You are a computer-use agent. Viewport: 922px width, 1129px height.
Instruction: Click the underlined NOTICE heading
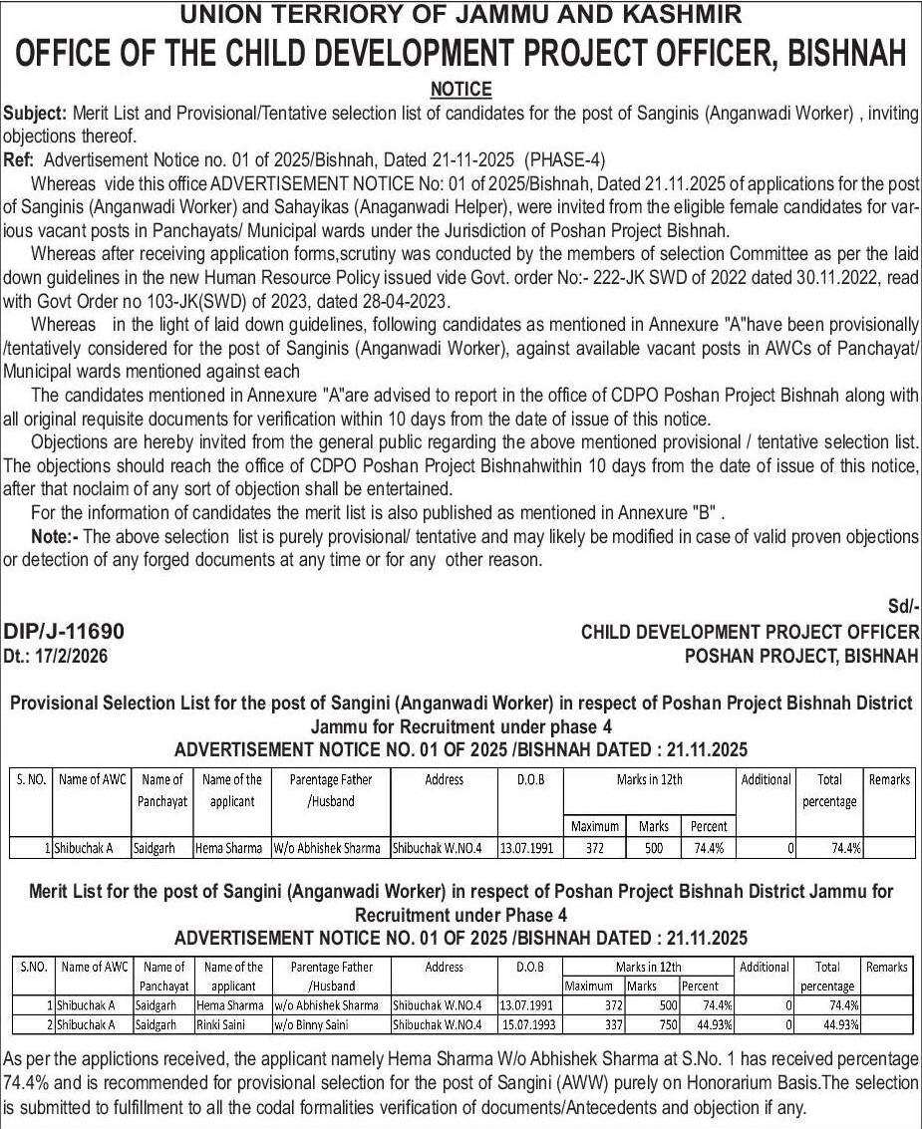coord(461,90)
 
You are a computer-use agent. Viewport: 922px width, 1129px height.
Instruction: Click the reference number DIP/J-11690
coord(65,632)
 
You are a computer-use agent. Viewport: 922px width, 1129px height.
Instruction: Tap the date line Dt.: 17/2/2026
coord(56,655)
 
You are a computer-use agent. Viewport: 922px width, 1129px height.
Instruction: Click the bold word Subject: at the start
coord(35,114)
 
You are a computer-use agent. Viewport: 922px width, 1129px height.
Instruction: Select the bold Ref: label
coord(19,159)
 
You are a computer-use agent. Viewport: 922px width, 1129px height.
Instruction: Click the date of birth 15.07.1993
coord(528,1023)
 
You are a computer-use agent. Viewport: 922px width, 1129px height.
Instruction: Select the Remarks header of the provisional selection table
coord(889,779)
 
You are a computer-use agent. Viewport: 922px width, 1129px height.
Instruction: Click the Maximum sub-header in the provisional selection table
coord(594,826)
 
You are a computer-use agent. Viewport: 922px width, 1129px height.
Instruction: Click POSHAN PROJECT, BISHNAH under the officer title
coord(801,655)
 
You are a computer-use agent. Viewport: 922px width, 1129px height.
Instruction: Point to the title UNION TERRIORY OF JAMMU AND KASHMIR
coord(461,14)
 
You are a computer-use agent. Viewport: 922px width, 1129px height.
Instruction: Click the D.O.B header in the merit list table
coord(529,967)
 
